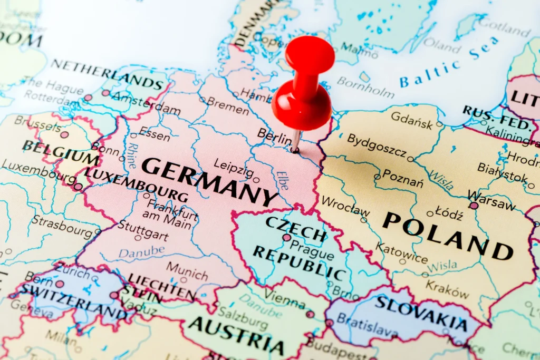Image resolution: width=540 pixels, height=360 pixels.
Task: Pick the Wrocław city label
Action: coord(345,206)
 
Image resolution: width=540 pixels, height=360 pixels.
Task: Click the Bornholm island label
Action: coord(365,87)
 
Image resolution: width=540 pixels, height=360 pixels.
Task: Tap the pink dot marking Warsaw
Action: coord(474,206)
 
